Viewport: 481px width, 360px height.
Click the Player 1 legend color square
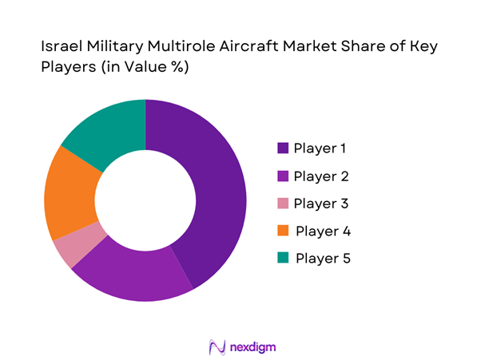point(282,148)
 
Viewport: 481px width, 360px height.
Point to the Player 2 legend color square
point(282,176)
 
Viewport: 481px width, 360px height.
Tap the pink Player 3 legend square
point(282,203)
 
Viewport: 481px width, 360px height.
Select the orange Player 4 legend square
point(282,231)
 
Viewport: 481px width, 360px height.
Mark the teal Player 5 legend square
point(282,258)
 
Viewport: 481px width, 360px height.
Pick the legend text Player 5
point(323,258)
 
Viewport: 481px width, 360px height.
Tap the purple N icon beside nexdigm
point(215,346)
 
